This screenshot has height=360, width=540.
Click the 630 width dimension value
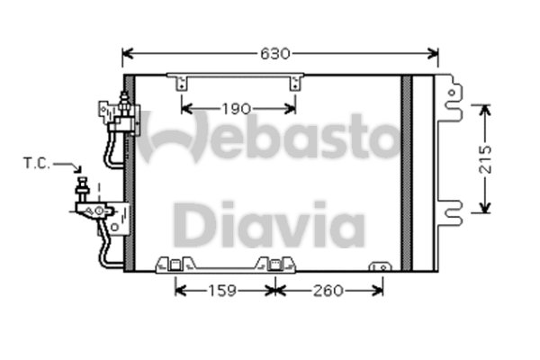pyautogui.click(x=276, y=54)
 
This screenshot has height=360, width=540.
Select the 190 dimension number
pyautogui.click(x=237, y=110)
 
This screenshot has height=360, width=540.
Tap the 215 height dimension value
pyautogui.click(x=486, y=158)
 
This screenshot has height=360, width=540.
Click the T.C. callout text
pyautogui.click(x=37, y=164)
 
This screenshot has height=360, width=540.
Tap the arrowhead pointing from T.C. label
pyautogui.click(x=76, y=168)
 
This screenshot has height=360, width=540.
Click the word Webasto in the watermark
pyautogui.click(x=270, y=137)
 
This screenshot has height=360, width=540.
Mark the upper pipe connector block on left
pyautogui.click(x=114, y=112)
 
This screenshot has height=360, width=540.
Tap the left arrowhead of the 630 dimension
pyautogui.click(x=127, y=54)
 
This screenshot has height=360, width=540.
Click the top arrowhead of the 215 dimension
pyautogui.click(x=486, y=110)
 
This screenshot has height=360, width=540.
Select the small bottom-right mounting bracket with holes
pyautogui.click(x=382, y=266)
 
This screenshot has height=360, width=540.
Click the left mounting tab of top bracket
pyautogui.click(x=184, y=83)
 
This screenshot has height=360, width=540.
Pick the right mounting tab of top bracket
pyautogui.click(x=293, y=83)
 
